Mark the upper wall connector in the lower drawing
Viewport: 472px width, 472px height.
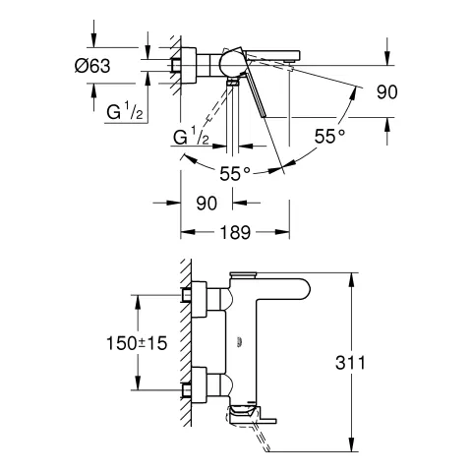click(x=198, y=296)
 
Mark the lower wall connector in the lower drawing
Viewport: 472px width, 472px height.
click(x=198, y=383)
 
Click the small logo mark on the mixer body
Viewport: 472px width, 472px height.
click(x=241, y=341)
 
